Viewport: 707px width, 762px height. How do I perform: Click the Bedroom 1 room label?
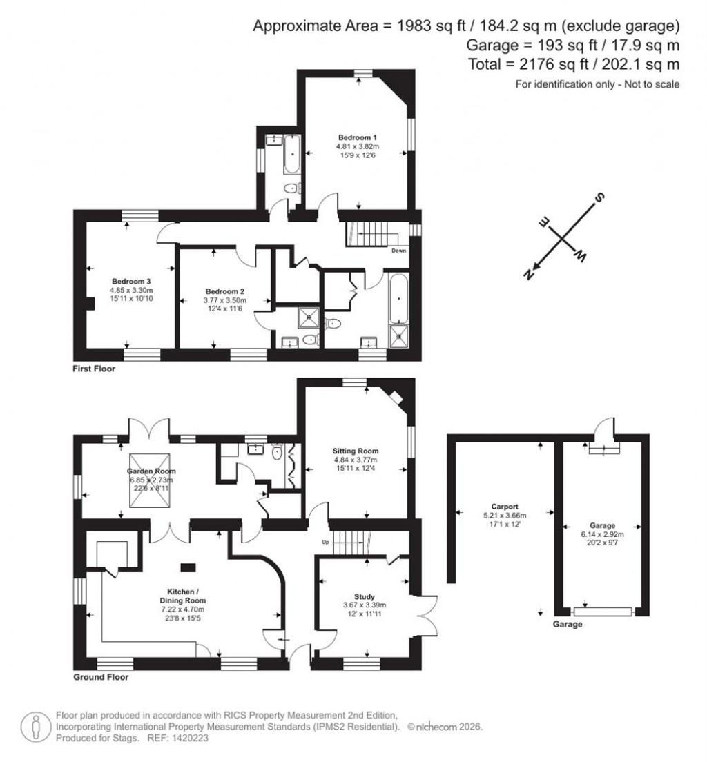tap(357, 137)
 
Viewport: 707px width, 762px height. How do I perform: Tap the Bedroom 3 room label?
tap(131, 282)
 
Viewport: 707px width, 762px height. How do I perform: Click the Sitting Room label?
tap(356, 451)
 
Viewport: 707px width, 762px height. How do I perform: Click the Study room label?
tap(365, 597)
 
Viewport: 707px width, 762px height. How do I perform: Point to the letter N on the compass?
tap(529, 274)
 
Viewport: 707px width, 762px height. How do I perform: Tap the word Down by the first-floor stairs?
tap(398, 251)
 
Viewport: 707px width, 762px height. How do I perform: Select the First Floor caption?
tap(94, 369)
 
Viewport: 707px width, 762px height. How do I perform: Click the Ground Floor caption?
tap(101, 678)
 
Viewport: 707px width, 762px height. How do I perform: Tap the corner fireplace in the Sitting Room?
tap(394, 397)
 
